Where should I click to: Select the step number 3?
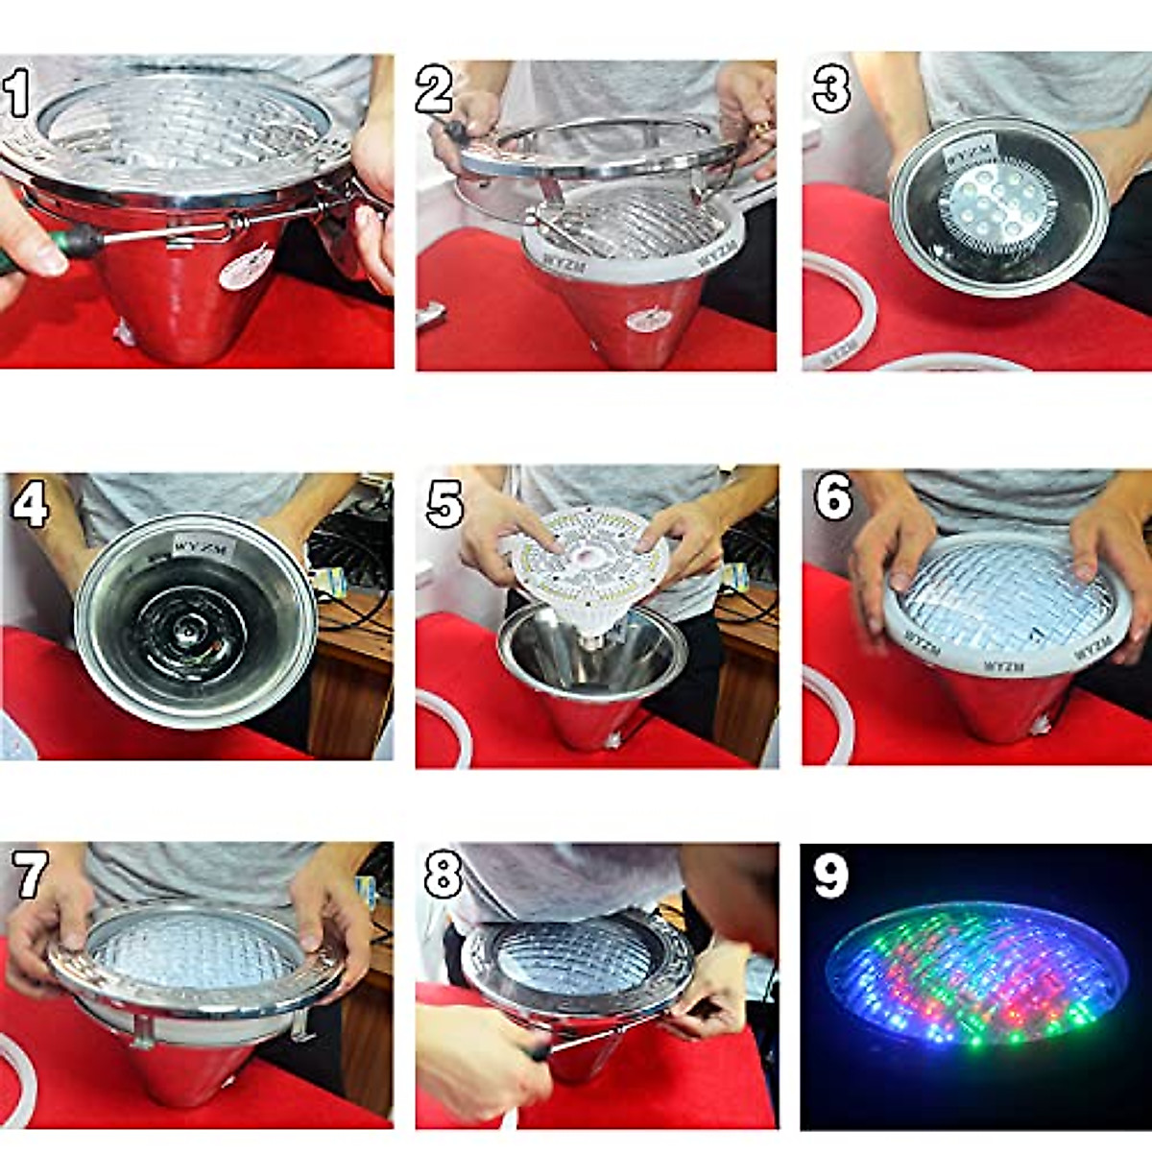(830, 88)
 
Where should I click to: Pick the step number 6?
(832, 497)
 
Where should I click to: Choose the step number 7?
(30, 875)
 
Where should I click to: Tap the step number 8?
(444, 875)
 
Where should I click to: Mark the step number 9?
(830, 874)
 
